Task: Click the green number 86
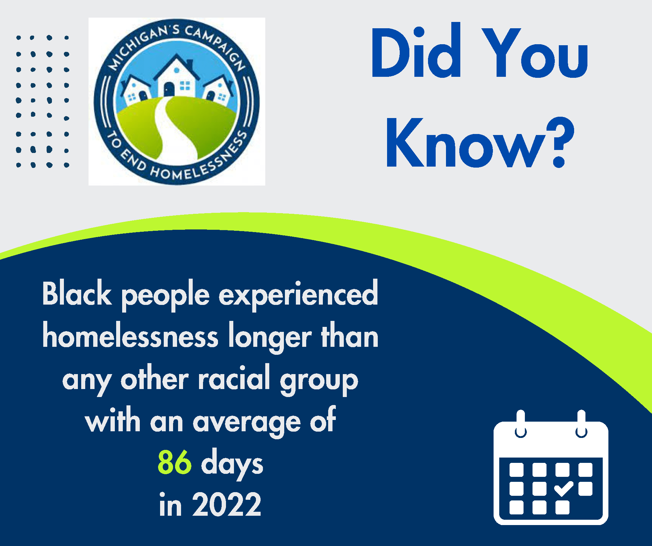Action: (x=174, y=463)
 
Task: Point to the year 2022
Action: (x=227, y=505)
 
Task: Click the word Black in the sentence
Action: (x=77, y=294)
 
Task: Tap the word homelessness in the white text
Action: (x=130, y=337)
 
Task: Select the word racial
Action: (x=234, y=379)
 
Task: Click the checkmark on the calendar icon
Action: (x=563, y=488)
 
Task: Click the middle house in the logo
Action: (x=176, y=78)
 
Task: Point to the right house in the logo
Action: (x=218, y=90)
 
